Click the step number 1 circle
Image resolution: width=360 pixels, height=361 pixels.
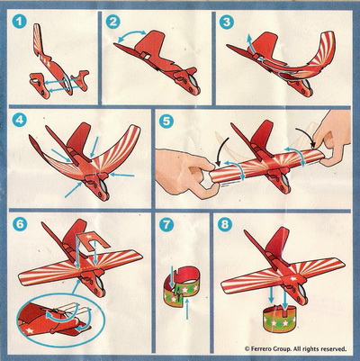coord(20,22)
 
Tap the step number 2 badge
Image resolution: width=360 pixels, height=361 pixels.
coord(113,22)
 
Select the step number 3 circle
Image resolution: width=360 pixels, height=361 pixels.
coord(227,22)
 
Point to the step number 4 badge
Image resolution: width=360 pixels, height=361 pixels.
coord(20,121)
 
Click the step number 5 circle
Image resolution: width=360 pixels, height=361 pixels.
coord(166,122)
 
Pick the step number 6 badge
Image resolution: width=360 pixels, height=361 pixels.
coord(20,224)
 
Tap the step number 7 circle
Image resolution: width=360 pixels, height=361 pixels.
coord(166,224)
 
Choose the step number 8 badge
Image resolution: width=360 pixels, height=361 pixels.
coord(225,224)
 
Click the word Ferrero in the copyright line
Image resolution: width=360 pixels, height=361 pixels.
coord(260,348)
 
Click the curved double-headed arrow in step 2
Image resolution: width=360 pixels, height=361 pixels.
coord(130,35)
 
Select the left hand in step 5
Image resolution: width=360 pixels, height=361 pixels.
coord(183,174)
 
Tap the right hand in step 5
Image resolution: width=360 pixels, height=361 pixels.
coord(334,138)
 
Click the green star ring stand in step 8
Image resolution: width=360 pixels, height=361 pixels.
coord(278,318)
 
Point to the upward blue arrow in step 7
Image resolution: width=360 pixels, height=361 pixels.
coord(187,310)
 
